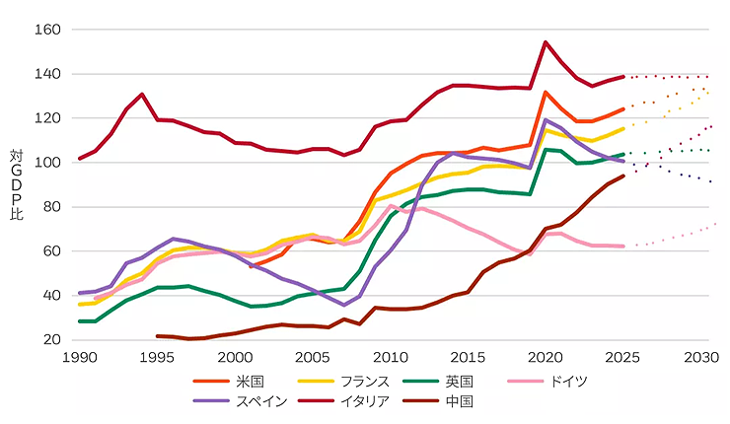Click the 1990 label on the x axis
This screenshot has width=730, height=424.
coord(80,357)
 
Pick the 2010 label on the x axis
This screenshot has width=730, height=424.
coord(390,357)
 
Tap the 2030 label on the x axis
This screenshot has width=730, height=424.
coord(700,357)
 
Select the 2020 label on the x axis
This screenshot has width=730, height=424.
coord(546,357)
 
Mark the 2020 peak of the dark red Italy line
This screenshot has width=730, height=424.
coord(546,42)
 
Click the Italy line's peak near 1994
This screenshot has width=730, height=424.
coord(143,95)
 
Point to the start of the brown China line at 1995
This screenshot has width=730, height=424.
coord(158,336)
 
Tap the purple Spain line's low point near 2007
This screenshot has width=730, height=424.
coord(344,305)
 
